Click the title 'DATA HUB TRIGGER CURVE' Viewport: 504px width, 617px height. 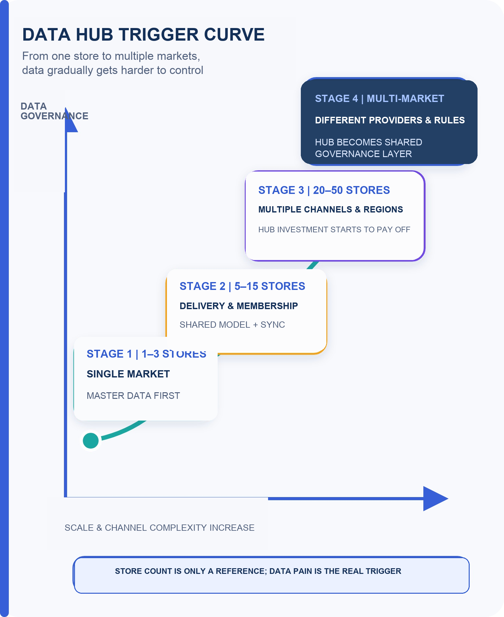(143, 34)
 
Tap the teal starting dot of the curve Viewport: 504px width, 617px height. (91, 440)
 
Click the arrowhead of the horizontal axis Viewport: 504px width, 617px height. (436, 499)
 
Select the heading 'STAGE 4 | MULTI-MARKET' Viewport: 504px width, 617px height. (380, 99)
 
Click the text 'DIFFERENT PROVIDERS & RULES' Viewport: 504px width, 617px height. (390, 120)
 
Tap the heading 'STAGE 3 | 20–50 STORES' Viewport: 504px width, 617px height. (324, 190)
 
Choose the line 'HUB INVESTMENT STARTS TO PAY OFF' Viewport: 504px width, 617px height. (334, 229)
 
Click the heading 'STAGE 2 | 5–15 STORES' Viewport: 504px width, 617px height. (242, 286)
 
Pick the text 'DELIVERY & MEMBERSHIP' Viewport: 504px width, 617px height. (239, 306)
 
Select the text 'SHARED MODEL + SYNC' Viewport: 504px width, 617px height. (232, 325)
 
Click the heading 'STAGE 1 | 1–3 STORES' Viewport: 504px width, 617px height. (146, 354)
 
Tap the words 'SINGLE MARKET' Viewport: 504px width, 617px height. (128, 374)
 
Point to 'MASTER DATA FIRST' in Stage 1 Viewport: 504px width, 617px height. (133, 396)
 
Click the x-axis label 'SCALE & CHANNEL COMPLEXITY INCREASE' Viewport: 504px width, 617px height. (159, 528)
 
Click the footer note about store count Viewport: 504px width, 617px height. (258, 571)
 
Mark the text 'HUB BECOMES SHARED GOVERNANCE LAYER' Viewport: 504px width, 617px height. (369, 148)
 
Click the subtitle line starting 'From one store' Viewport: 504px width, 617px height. (111, 56)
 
